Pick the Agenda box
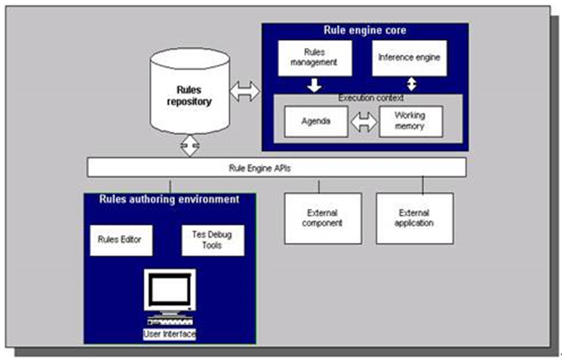click(315, 121)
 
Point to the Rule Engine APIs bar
click(276, 167)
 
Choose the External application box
click(415, 218)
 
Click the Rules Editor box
click(121, 240)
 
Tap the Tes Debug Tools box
click(213, 240)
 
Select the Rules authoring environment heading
click(170, 200)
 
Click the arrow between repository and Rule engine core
click(244, 93)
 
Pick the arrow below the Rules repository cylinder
click(188, 146)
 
